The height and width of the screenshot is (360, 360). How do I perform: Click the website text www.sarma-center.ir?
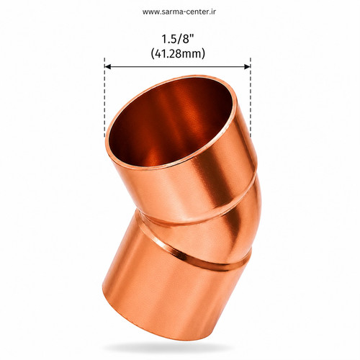179,12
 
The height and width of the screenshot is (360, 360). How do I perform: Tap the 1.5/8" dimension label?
178,39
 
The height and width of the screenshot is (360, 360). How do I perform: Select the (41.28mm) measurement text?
178,53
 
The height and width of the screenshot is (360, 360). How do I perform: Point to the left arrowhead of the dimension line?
108,66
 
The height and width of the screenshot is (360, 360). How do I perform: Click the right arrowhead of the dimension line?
247,66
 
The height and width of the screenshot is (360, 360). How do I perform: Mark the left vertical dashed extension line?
104,97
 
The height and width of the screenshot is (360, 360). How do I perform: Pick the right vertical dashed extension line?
251,97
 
